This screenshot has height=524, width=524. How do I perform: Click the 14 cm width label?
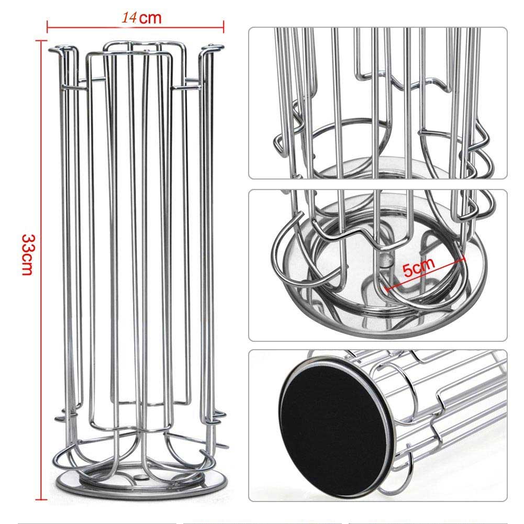[x=141, y=17]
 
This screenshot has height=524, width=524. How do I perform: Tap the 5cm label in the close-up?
[x=419, y=267]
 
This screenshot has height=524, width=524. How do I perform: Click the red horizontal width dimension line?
[x=136, y=27]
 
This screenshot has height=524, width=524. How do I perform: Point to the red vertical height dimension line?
[x=41, y=270]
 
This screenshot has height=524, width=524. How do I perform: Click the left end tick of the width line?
[x=48, y=27]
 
